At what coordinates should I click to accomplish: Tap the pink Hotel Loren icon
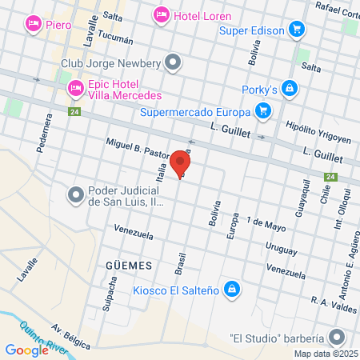(161, 14)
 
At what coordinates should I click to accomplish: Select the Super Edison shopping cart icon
(297, 30)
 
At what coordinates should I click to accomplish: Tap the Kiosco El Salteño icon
(232, 287)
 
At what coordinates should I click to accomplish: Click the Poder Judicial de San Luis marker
(76, 194)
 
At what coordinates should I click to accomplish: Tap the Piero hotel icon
(33, 24)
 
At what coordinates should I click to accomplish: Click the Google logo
(26, 350)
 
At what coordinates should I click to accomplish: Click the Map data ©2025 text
(325, 354)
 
